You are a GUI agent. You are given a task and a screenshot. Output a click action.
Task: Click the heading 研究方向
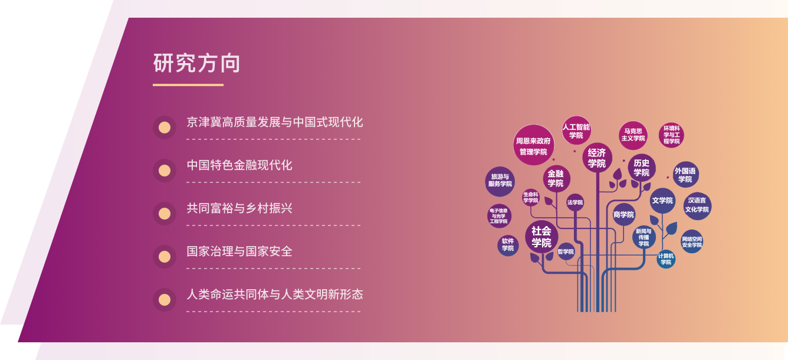click(x=196, y=63)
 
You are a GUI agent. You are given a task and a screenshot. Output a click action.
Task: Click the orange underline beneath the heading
click(x=188, y=85)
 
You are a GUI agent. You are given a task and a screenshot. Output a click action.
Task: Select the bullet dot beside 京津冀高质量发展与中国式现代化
click(x=165, y=127)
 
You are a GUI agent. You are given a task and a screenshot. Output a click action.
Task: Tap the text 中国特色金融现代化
click(x=239, y=165)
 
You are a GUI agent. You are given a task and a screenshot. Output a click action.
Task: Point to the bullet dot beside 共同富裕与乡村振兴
click(x=165, y=214)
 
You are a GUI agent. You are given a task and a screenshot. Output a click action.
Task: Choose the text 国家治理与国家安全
click(x=239, y=251)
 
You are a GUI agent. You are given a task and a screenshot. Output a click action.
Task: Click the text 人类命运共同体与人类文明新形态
click(x=275, y=294)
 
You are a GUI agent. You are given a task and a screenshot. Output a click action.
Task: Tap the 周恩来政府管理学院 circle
click(x=534, y=145)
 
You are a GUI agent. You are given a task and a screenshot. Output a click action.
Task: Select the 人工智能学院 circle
click(x=576, y=130)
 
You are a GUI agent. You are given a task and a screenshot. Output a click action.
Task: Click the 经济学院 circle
click(x=597, y=158)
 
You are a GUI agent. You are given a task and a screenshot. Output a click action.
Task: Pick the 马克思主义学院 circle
click(x=633, y=136)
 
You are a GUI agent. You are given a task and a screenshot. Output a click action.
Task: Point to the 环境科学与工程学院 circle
click(x=672, y=135)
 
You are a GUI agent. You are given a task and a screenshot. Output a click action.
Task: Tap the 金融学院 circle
click(x=556, y=178)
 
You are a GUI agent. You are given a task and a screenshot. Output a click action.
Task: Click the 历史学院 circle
click(x=642, y=168)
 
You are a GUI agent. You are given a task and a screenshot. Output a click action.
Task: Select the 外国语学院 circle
click(x=685, y=175)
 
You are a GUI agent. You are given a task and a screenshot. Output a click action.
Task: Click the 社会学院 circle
click(x=541, y=237)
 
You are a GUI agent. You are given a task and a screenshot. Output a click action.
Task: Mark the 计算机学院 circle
click(x=666, y=259)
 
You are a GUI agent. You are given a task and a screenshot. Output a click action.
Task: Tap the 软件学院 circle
click(x=508, y=246)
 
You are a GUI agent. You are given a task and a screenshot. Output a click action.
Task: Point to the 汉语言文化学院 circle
click(x=697, y=206)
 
